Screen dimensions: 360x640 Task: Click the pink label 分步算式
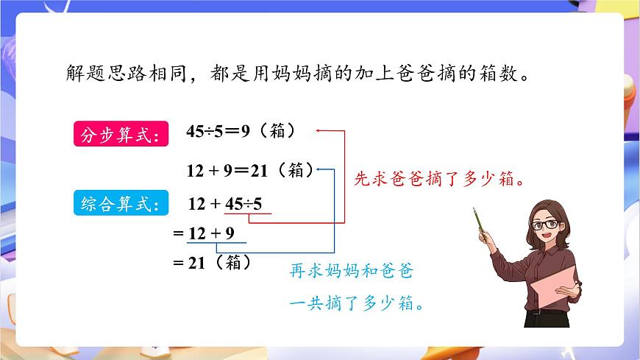(x=118, y=135)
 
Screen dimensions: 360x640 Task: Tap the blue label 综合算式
(x=118, y=204)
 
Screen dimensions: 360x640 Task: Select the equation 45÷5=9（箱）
(x=241, y=132)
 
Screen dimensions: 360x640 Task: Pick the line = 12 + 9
(x=203, y=234)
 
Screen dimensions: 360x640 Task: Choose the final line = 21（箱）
(x=211, y=262)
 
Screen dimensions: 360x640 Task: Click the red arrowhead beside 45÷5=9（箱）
(x=319, y=131)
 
